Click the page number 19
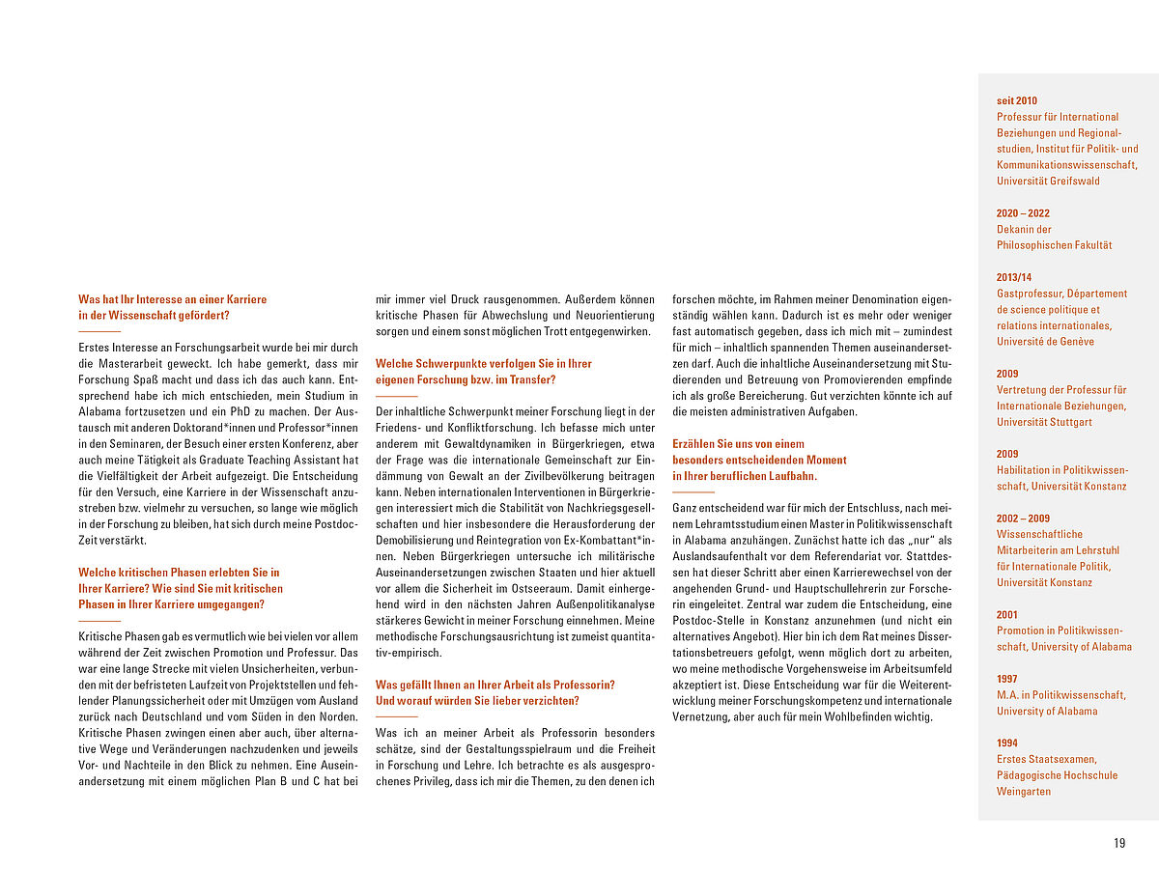[1119, 843]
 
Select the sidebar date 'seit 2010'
[1017, 100]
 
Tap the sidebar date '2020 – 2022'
[1023, 213]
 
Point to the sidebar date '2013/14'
[1014, 277]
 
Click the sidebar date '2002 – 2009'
[1023, 519]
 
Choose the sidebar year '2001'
[1007, 615]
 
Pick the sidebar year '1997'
[1007, 679]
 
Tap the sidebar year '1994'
[1007, 743]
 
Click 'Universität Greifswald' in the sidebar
[1048, 181]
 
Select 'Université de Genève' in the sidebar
[1045, 342]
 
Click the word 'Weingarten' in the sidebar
[1024, 792]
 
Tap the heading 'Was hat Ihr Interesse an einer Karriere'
[173, 299]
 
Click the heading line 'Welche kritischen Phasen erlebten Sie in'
[179, 573]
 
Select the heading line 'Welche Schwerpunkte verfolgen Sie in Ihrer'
[484, 364]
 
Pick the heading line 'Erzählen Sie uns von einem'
[738, 444]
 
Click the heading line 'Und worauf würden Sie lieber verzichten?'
[477, 701]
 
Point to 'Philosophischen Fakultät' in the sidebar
[1054, 245]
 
